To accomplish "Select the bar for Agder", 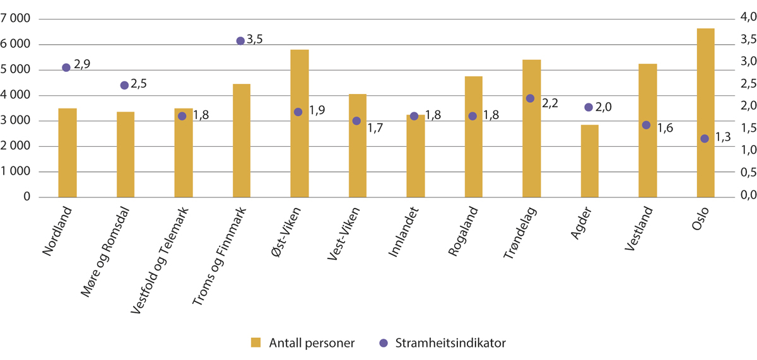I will (589, 161).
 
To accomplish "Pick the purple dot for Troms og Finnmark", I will (240, 41).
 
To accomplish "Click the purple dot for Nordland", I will (66, 67).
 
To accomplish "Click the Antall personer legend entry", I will (302, 342).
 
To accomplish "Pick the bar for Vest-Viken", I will (357, 146).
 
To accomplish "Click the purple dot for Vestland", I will (646, 125).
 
